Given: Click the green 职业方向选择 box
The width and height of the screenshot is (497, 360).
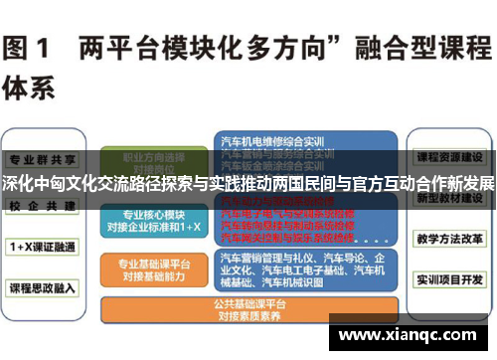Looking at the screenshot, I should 147,162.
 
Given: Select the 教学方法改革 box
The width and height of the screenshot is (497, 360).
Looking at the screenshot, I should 449,240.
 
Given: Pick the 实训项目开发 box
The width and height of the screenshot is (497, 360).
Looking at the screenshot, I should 449,282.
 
